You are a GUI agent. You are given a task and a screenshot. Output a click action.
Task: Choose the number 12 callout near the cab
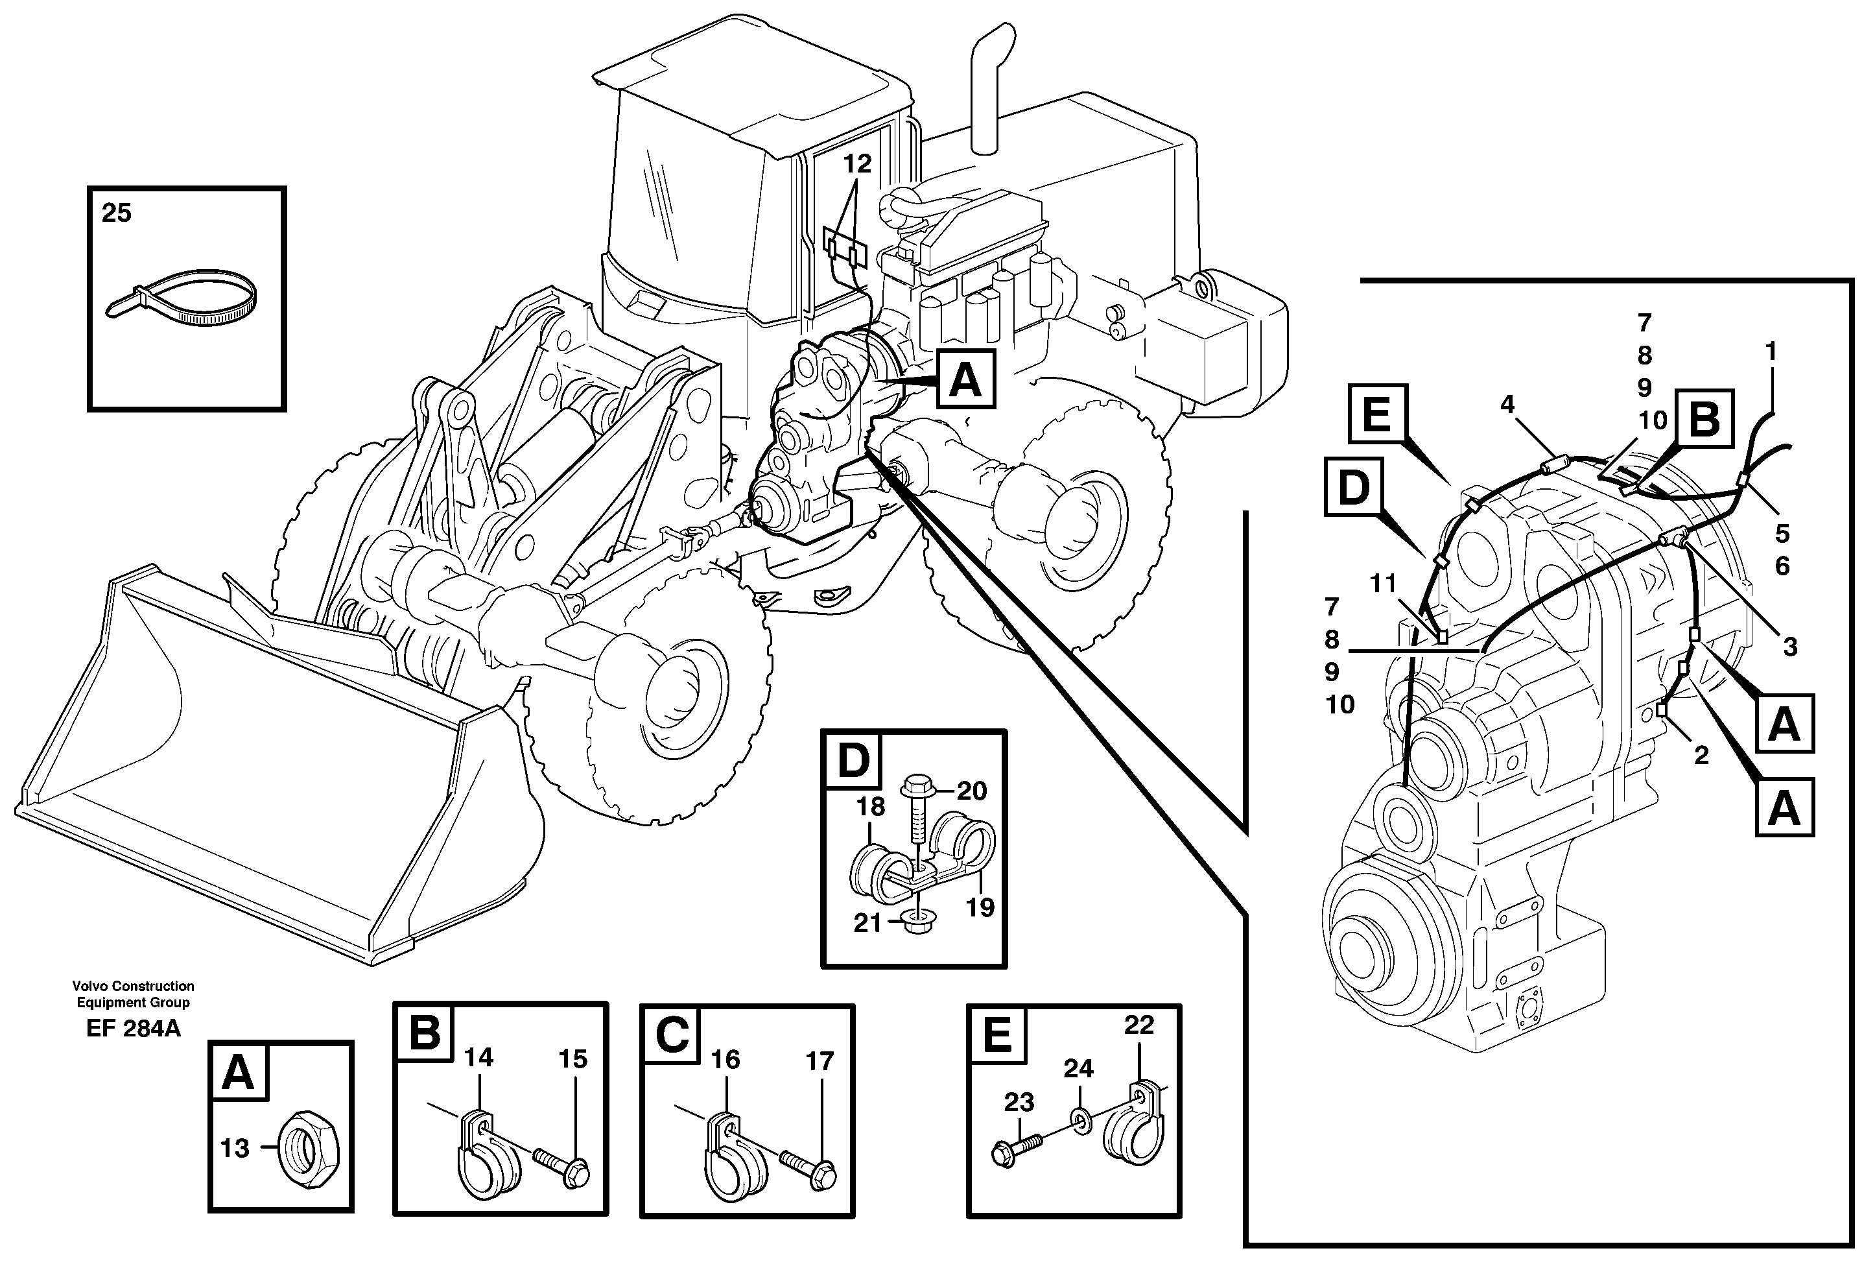[x=857, y=164]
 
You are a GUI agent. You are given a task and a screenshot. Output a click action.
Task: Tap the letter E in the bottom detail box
[x=998, y=1035]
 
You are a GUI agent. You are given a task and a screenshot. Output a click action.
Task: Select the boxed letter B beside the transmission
[x=1704, y=419]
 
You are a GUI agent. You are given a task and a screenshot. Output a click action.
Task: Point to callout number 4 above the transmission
[x=1507, y=404]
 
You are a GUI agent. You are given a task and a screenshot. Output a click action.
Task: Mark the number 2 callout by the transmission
[x=1701, y=756]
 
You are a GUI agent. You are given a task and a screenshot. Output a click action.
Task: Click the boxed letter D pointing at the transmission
[x=1353, y=487]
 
